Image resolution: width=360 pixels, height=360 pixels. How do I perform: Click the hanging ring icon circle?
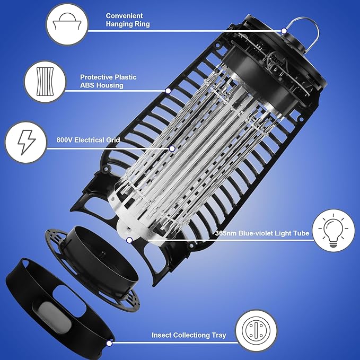coord(67,24)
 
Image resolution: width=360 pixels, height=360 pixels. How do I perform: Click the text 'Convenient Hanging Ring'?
coord(128,20)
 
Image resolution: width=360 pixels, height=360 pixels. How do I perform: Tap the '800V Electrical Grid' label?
coord(88,141)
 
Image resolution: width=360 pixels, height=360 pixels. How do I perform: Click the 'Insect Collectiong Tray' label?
coord(189,335)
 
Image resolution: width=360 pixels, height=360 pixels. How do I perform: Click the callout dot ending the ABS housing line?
coord(168,91)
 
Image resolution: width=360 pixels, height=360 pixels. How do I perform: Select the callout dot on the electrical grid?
coord(172,148)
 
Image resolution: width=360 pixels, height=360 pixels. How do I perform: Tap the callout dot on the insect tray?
coord(109,343)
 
